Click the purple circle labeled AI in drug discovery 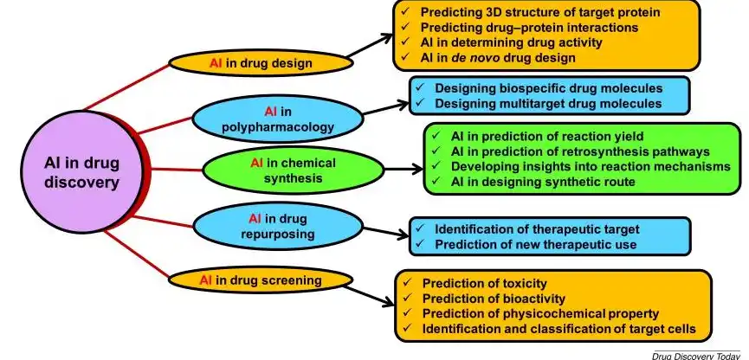pos(81,172)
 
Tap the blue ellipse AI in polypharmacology pos(278,119)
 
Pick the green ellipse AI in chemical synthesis pos(294,170)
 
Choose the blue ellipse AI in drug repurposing pos(278,227)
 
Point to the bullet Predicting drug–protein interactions pos(529,27)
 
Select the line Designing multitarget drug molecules pos(548,103)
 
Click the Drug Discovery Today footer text pos(696,356)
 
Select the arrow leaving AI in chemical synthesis pos(404,169)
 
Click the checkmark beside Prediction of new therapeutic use pos(420,243)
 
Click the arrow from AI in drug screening pos(370,295)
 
